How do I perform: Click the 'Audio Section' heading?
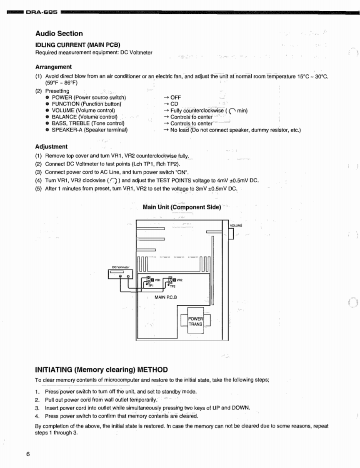click(x=59, y=34)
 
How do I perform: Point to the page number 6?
click(x=28, y=454)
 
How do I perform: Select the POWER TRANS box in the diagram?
click(x=195, y=321)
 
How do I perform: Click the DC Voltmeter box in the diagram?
click(x=120, y=274)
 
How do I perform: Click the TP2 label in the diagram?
click(x=173, y=287)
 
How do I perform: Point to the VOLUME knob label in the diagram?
click(x=236, y=226)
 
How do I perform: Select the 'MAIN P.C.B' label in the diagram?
click(x=166, y=297)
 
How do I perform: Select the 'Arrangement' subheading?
click(x=53, y=67)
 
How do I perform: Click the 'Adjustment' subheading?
click(x=51, y=147)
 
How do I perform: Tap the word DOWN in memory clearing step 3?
click(x=240, y=408)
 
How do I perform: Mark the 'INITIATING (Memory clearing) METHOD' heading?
click(x=102, y=370)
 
